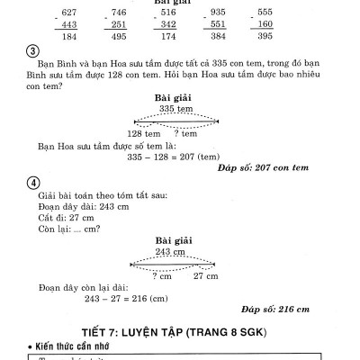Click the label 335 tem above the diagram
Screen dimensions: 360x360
point(176,109)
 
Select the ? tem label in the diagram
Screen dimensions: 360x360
point(186,132)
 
